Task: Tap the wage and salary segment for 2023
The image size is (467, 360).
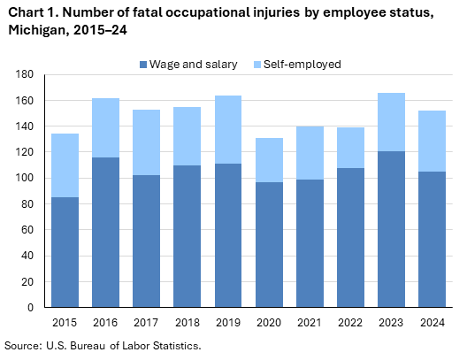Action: coord(392,229)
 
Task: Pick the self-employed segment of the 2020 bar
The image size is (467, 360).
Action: coord(269,160)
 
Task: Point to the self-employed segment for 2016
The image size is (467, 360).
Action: coord(104,127)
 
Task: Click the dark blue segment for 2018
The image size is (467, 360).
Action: coord(187,236)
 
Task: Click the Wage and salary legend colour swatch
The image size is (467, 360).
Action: coord(142,65)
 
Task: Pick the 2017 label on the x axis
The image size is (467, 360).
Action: coord(145,323)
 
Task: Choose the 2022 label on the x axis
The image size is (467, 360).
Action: coord(351,323)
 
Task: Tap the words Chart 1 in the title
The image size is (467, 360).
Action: coord(34,11)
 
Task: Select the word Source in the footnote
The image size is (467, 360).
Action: coord(23,345)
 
